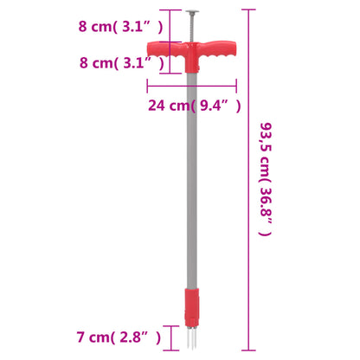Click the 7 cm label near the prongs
pyautogui.click(x=93, y=335)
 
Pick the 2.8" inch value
pyautogui.click(x=138, y=335)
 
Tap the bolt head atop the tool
pyautogui.click(x=191, y=13)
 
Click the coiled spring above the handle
pyautogui.click(x=191, y=29)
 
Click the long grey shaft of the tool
pyautogui.click(x=191, y=190)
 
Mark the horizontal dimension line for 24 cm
pyautogui.click(x=192, y=86)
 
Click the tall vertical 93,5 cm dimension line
pyautogui.click(x=250, y=173)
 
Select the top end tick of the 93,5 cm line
pyautogui.click(x=250, y=10)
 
